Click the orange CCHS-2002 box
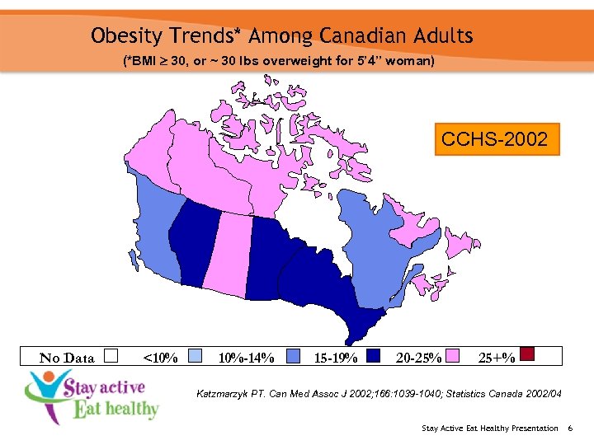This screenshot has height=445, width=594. coord(495,139)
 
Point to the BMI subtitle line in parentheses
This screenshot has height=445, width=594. coord(278,62)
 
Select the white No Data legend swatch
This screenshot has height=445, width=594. coord(112,356)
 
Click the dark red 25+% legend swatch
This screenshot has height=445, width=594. coord(528,354)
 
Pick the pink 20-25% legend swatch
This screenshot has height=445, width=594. coord(454,356)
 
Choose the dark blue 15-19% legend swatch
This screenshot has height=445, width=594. coord(373,356)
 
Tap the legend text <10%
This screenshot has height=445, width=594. coord(160,358)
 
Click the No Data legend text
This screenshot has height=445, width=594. coord(67,358)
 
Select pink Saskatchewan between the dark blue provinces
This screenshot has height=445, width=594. coord(226,255)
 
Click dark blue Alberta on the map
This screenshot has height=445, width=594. coord(195,239)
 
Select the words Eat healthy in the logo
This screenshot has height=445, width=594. coord(115,408)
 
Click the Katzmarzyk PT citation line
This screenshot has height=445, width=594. coord(379,394)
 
